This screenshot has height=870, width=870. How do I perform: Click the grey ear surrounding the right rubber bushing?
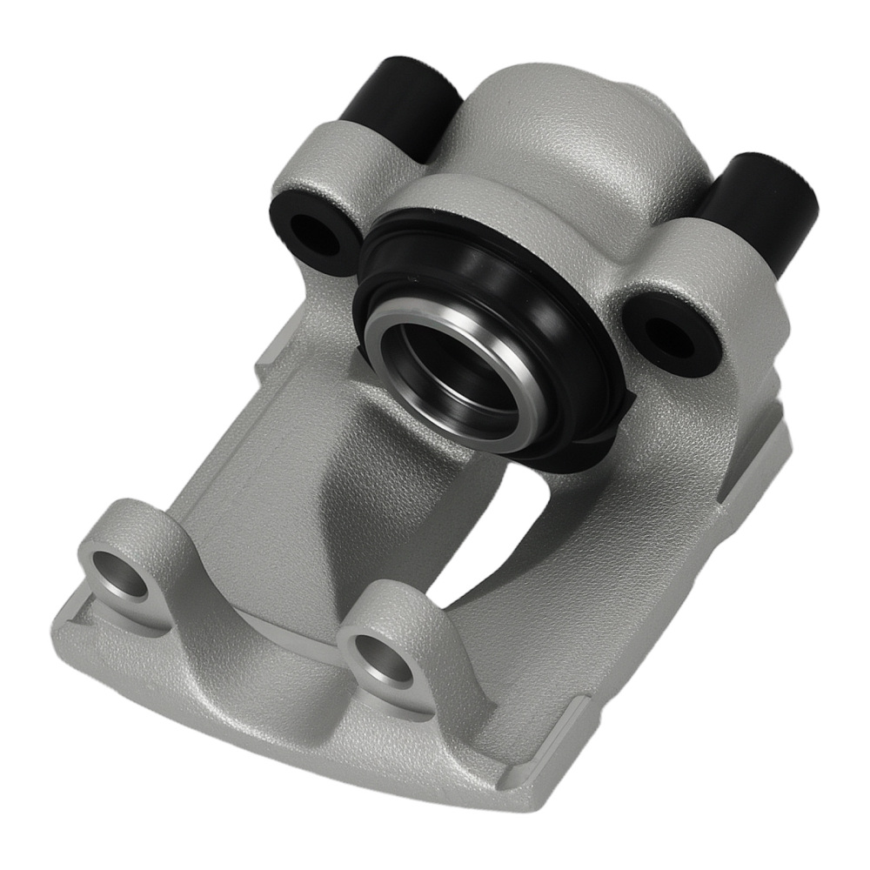[687, 287]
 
